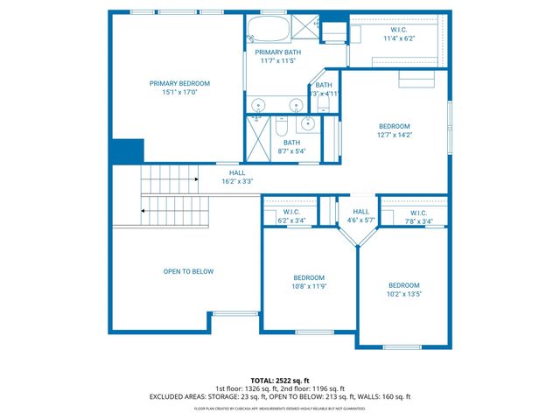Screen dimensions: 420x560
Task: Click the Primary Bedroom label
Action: [179, 88]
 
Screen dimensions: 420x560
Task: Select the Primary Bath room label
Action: [278, 57]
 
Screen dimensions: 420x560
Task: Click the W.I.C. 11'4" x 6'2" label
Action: [398, 33]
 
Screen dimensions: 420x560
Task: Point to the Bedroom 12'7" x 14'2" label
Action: [395, 130]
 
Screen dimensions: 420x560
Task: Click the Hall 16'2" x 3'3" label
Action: [237, 178]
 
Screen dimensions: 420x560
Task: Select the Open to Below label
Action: [188, 271]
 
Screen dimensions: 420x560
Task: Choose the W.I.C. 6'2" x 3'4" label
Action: [292, 217]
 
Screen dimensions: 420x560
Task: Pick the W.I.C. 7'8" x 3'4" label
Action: [417, 217]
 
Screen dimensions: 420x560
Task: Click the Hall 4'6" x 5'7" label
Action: [360, 216]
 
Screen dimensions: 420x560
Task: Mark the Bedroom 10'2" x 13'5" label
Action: [404, 290]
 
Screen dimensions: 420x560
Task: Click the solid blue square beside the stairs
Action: [127, 150]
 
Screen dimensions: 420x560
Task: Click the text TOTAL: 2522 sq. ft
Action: [279, 381]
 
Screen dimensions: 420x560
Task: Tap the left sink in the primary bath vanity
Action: [258, 104]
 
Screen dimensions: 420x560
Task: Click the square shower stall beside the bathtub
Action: [303, 28]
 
